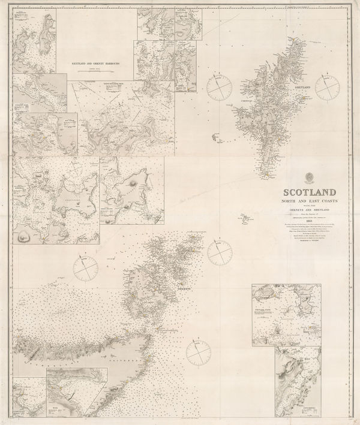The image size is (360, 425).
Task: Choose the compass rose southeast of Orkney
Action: click(199, 353)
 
